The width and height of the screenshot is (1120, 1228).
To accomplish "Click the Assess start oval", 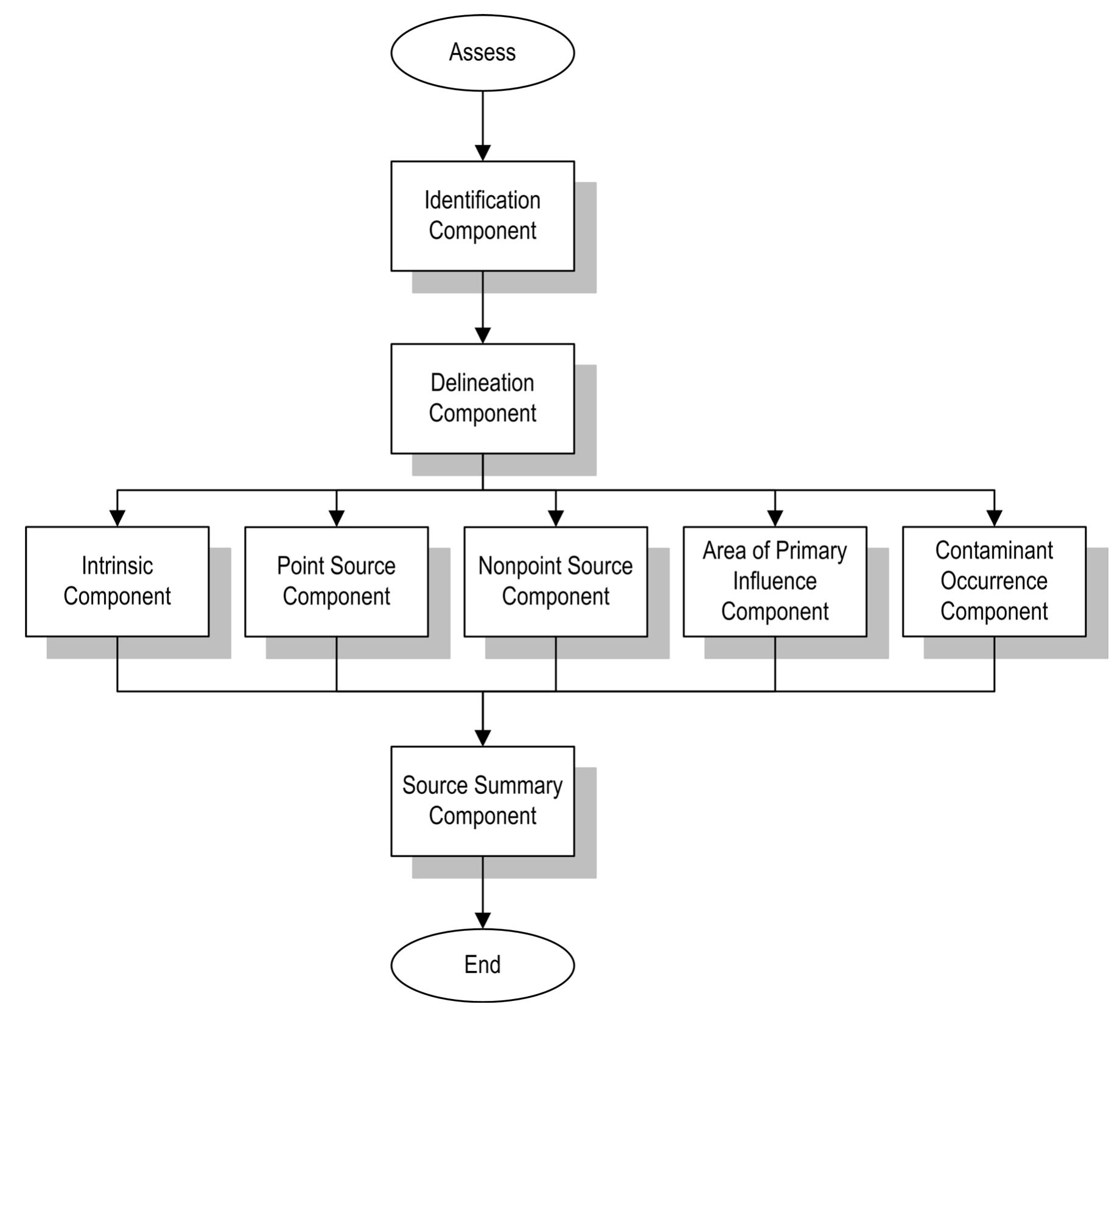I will [x=482, y=53].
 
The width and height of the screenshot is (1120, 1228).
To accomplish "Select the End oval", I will [x=482, y=965].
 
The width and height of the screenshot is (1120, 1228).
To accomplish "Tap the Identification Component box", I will [x=482, y=216].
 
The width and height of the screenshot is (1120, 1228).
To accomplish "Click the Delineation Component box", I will [x=482, y=398].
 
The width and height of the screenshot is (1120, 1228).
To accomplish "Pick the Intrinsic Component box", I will [x=117, y=581].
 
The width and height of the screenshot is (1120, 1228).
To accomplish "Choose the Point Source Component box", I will [x=336, y=581].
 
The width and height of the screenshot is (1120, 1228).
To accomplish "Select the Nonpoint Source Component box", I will [x=555, y=581].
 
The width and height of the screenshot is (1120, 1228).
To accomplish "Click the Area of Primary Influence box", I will [x=775, y=581].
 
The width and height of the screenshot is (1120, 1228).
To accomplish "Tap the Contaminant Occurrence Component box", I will [x=994, y=581].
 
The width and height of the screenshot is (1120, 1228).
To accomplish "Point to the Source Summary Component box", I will [x=482, y=801].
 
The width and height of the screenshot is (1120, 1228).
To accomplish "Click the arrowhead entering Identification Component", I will [x=482, y=153].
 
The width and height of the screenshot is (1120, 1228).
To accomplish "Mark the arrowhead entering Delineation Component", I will [x=482, y=335].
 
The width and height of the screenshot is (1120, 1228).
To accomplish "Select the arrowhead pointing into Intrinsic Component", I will [x=117, y=518].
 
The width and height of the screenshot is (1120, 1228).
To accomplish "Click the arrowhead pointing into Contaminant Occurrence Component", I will [x=994, y=518].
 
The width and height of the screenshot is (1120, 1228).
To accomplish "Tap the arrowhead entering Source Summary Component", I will [x=482, y=738].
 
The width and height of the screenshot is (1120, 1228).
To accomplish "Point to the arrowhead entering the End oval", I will [x=482, y=921].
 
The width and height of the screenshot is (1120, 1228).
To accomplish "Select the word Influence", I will [x=775, y=581].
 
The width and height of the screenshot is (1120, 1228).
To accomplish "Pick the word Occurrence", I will [x=994, y=581].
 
